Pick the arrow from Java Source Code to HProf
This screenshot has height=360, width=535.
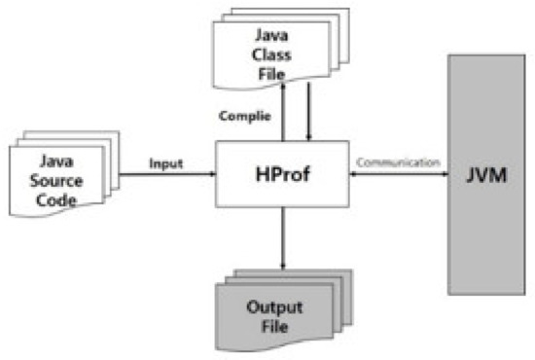click(165, 175)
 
